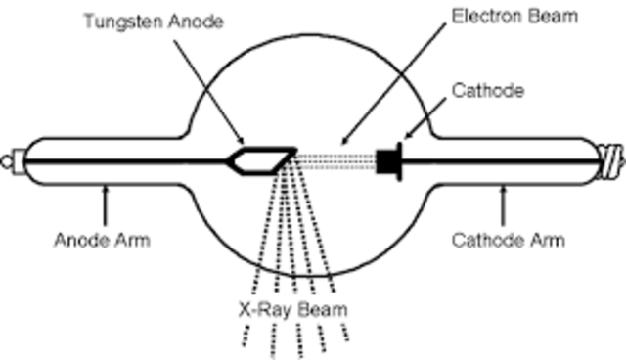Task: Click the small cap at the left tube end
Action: pyautogui.click(x=14, y=157)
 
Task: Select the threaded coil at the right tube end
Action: pyautogui.click(x=609, y=157)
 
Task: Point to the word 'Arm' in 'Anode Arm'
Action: pyautogui.click(x=133, y=240)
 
